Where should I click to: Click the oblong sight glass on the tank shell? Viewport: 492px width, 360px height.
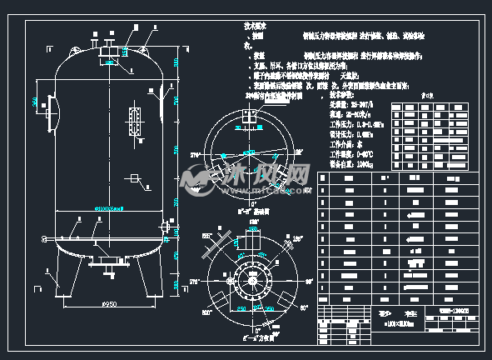click(x=133, y=113)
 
